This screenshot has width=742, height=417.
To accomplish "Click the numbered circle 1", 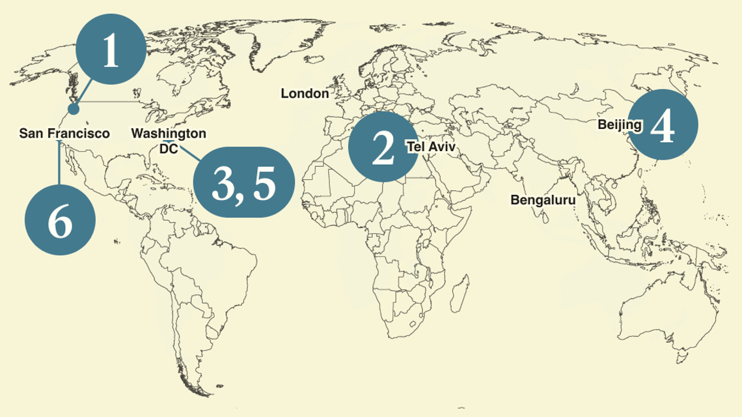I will [x=111, y=50].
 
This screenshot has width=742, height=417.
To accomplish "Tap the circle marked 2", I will [x=383, y=147].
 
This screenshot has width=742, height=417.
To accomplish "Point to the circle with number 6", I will [x=60, y=220].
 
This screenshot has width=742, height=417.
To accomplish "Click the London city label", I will [x=305, y=94].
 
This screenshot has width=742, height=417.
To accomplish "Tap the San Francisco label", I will [x=64, y=134].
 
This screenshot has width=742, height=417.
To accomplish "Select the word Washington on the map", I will [x=169, y=134].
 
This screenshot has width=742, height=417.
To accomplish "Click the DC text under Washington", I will [x=169, y=149].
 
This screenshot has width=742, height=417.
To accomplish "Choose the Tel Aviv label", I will [x=431, y=147].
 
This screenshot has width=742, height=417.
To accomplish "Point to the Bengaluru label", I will [x=543, y=200].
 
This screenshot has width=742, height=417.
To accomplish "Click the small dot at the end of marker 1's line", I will [x=74, y=109].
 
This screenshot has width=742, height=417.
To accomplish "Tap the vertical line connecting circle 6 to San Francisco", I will [x=60, y=163].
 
